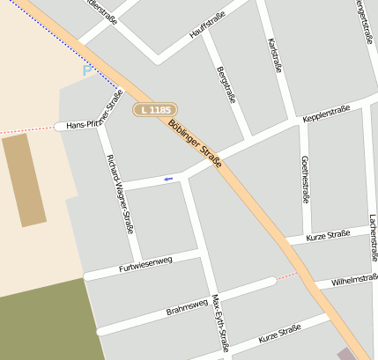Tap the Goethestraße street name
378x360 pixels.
[305, 179]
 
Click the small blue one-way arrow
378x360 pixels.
[167, 179]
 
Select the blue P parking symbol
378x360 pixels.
[86, 70]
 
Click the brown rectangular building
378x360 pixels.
[25, 181]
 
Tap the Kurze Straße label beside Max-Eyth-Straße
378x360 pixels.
[280, 334]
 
